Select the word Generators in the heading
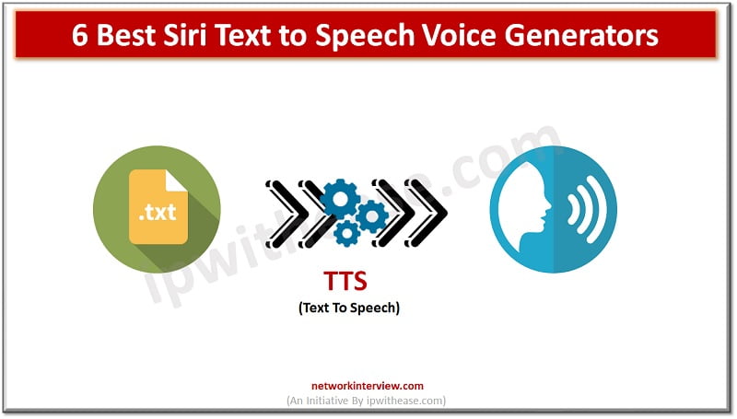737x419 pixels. pos(584,36)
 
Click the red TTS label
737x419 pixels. pos(348,283)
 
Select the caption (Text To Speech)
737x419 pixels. pos(348,308)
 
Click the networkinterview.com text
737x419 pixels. pos(368,386)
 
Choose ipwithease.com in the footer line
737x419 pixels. pos(412,400)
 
